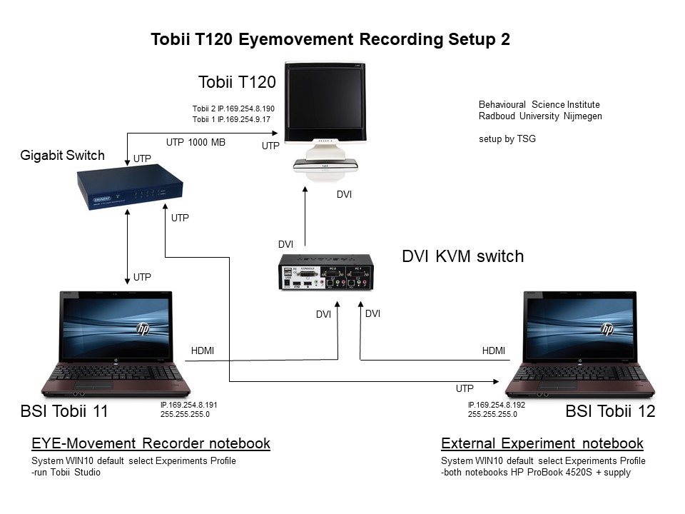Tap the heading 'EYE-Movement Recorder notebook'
(x=151, y=443)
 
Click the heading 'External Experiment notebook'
(x=542, y=443)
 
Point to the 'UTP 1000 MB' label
(x=196, y=142)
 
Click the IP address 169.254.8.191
(x=189, y=405)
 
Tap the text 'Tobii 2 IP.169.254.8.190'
(x=233, y=109)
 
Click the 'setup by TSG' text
(x=507, y=139)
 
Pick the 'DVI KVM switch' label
(x=463, y=256)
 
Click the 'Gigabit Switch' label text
(x=63, y=155)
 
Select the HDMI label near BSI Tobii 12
(x=494, y=351)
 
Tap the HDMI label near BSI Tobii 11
(x=203, y=351)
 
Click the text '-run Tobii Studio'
(x=61, y=472)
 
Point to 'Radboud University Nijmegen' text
(x=540, y=116)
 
